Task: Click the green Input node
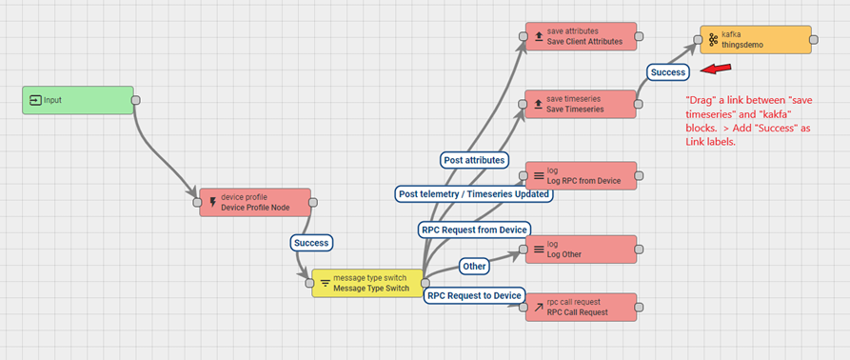pos(78,100)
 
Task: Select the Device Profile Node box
pos(255,202)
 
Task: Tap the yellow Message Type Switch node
pos(366,283)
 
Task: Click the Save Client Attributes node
pos(582,36)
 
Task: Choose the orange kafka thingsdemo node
pos(756,40)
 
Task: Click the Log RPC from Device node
pos(582,175)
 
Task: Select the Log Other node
pos(582,250)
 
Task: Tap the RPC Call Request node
pos(582,308)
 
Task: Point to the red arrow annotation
pos(716,69)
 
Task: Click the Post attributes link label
pos(474,160)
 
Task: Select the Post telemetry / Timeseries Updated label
pos(474,193)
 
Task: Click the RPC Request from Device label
pos(474,230)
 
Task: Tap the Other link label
pos(474,267)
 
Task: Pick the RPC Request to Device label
pos(474,295)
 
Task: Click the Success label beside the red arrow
pos(668,71)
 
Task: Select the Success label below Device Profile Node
pos(311,242)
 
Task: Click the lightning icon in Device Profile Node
pos(213,203)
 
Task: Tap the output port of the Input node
pos(136,100)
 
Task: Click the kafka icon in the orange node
pos(713,40)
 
